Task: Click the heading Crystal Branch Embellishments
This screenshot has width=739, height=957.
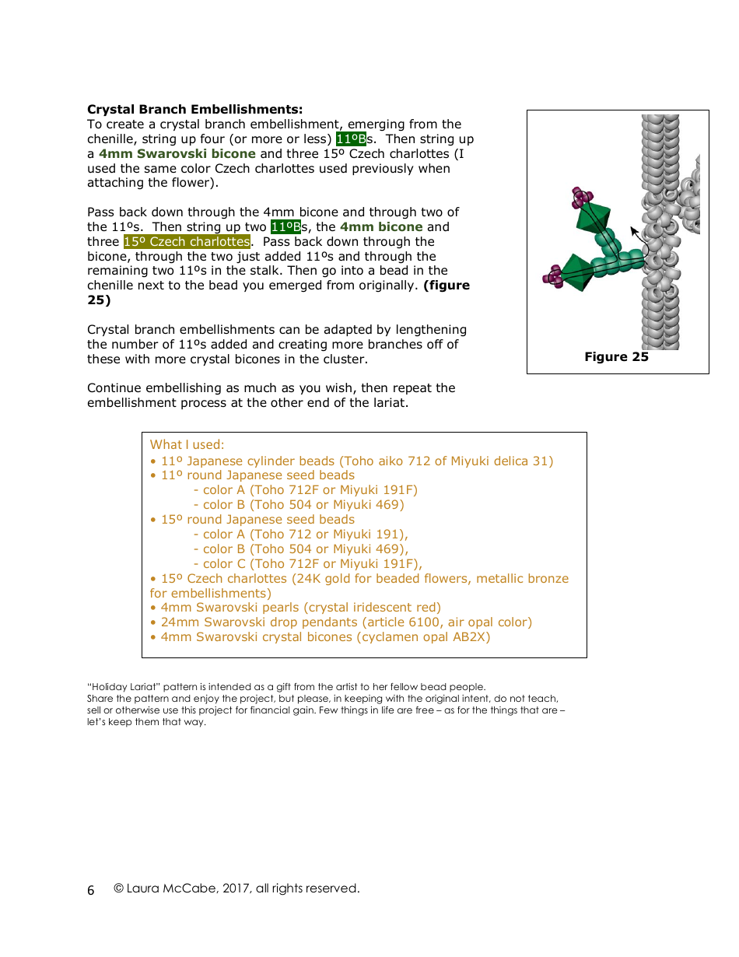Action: (194, 110)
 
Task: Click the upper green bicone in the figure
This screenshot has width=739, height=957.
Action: (594, 218)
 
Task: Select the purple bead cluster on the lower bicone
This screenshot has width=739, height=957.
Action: (553, 275)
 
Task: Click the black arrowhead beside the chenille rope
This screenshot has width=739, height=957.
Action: (634, 231)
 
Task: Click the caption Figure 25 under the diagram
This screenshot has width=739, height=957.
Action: (616, 357)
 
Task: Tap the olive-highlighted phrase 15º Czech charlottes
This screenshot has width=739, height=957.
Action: (187, 242)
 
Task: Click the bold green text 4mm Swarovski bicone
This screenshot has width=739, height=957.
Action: (177, 154)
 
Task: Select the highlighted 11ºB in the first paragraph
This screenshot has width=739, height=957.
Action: (351, 139)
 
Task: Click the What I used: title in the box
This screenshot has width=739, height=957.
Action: (187, 445)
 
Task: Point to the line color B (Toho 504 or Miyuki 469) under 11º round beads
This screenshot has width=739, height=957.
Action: (299, 505)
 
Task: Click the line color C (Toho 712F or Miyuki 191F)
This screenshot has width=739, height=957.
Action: (307, 564)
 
